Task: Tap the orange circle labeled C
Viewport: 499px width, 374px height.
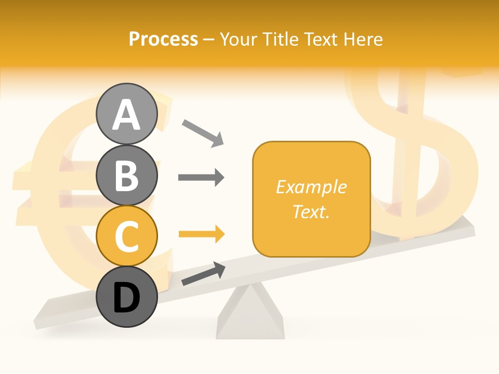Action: click(x=127, y=236)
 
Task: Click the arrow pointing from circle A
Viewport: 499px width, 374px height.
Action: click(x=203, y=132)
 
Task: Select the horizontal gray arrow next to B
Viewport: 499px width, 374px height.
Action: click(x=201, y=178)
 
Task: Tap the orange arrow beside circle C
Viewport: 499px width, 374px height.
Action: click(x=201, y=234)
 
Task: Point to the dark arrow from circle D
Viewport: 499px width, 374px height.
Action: click(x=203, y=274)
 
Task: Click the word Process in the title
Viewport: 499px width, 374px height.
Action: click(x=163, y=39)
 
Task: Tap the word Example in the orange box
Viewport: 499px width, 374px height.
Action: click(x=311, y=187)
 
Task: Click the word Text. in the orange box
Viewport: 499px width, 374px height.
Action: click(x=311, y=211)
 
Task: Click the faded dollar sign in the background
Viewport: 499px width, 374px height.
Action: click(x=416, y=151)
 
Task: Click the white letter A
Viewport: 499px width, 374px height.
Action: click(x=127, y=115)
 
